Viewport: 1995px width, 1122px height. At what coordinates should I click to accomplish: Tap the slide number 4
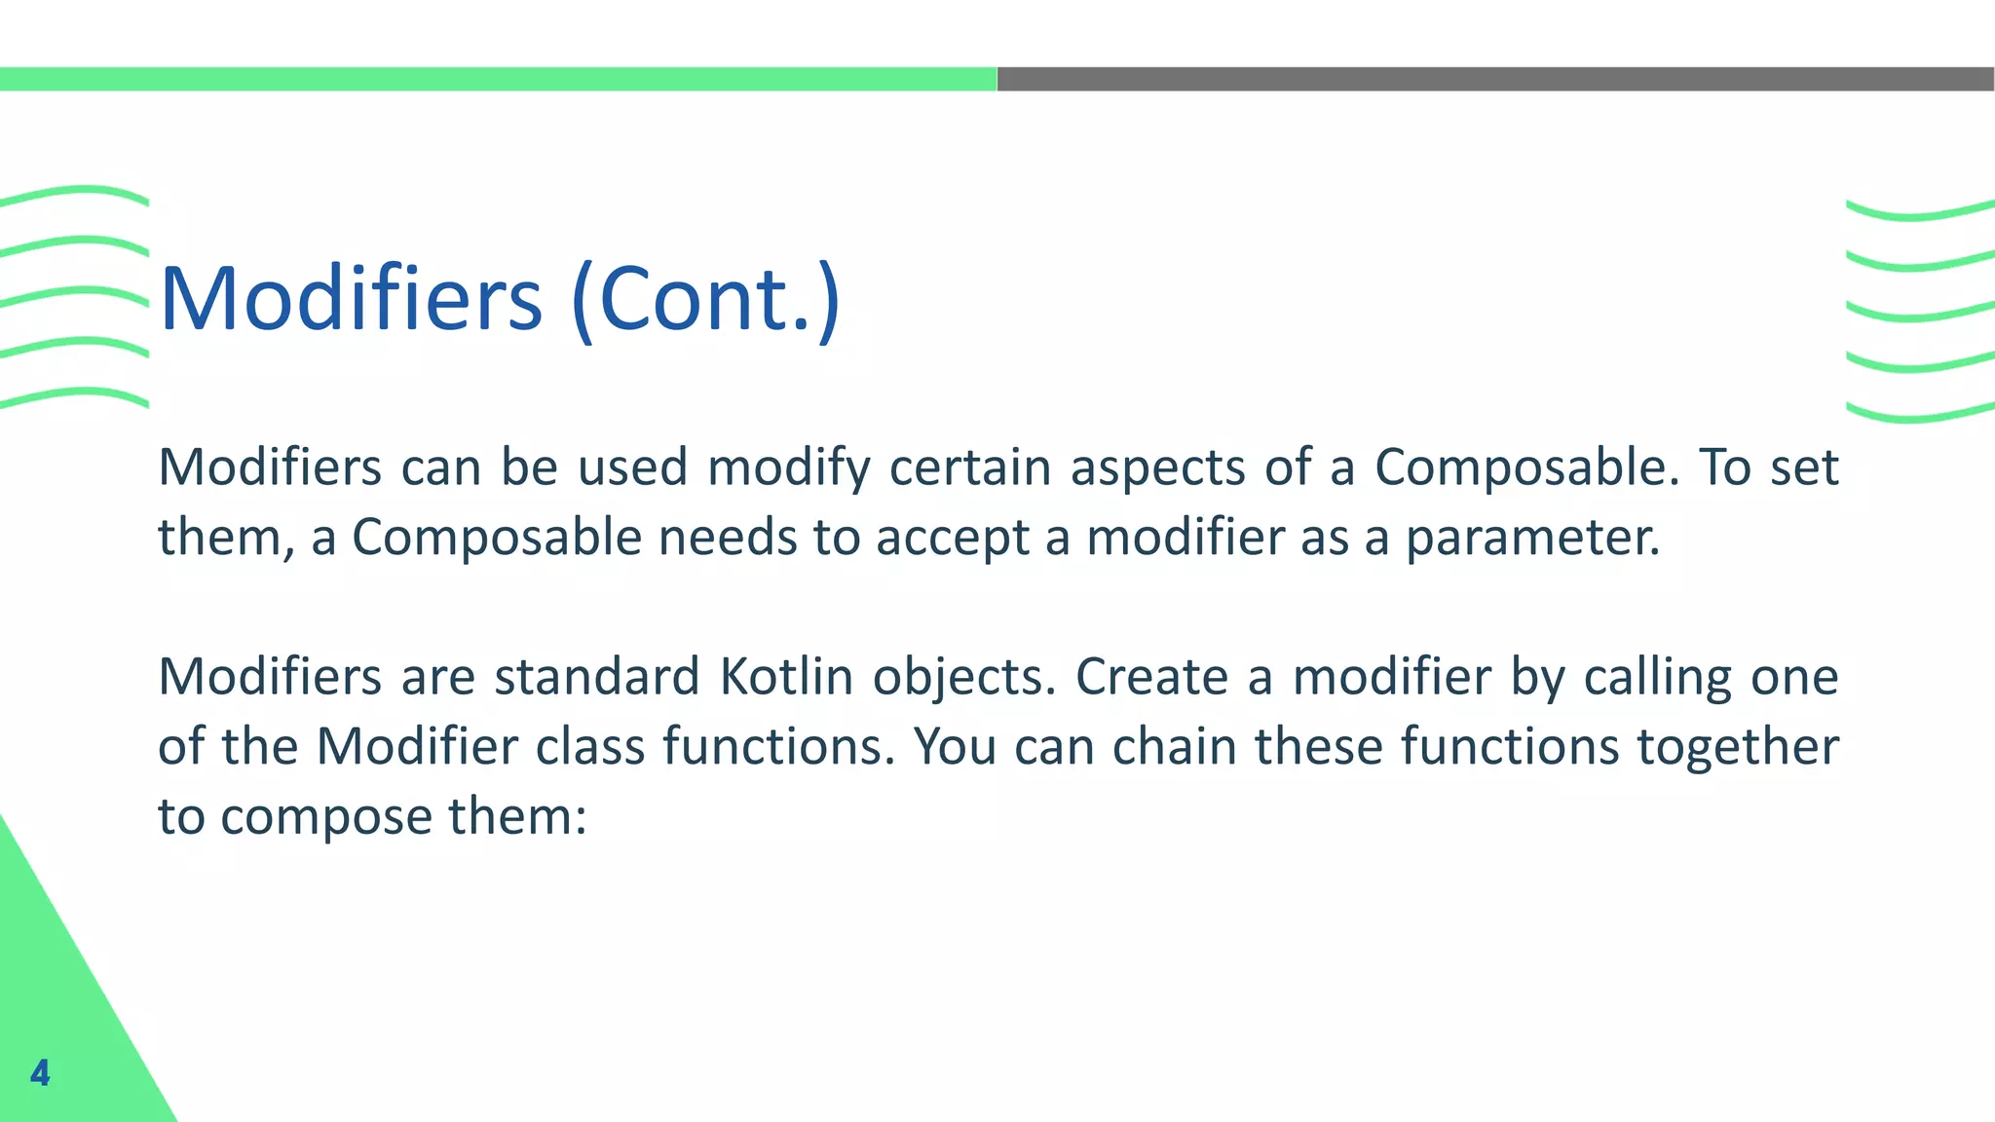40,1072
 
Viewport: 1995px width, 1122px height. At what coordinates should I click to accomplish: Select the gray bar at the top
1495,79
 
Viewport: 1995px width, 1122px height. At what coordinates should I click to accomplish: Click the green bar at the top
498,79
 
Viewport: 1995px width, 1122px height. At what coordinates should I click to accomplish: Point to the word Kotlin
786,677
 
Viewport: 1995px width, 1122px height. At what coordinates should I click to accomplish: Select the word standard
596,677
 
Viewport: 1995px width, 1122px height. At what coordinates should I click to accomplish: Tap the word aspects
1158,468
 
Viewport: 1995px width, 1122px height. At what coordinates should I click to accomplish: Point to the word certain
970,468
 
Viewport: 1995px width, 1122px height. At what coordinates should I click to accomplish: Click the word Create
1151,677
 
